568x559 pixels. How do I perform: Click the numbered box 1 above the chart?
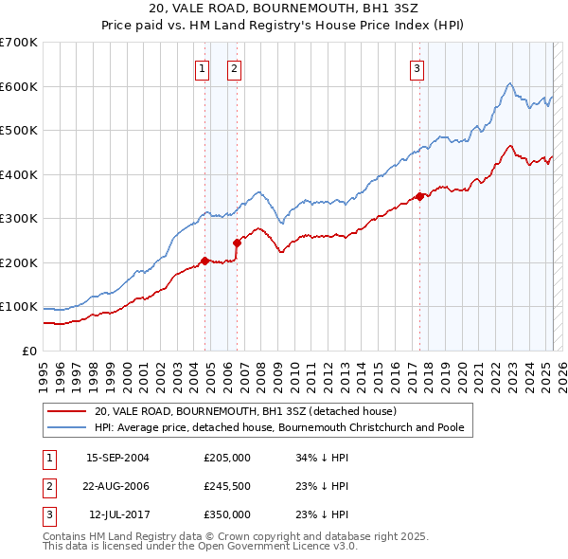click(x=203, y=67)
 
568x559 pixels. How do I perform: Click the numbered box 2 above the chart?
click(x=234, y=67)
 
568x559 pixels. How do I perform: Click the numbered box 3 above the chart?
click(x=417, y=67)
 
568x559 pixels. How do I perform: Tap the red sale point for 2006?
click(x=237, y=243)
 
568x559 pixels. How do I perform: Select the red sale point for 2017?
click(x=419, y=197)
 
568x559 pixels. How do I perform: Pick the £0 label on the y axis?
click(x=28, y=351)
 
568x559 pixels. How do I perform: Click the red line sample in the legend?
click(x=66, y=412)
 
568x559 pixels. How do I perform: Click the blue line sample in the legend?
click(x=66, y=427)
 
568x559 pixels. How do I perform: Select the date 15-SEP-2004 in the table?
click(x=117, y=458)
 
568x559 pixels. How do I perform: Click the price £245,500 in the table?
click(x=226, y=486)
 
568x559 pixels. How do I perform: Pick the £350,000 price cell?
click(x=226, y=514)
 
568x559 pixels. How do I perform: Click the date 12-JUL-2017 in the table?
click(x=118, y=514)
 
